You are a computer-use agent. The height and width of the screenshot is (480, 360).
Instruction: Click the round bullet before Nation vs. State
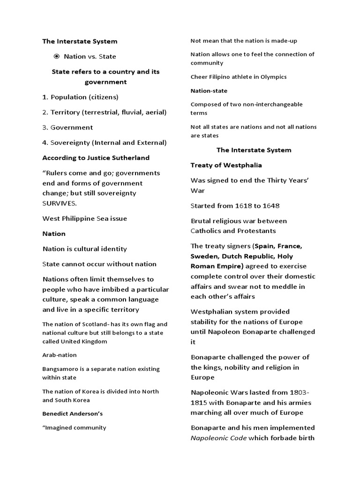(56, 56)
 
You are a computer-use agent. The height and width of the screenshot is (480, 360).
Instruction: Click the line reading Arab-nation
(60, 355)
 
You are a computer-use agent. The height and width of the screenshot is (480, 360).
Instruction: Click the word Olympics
(273, 77)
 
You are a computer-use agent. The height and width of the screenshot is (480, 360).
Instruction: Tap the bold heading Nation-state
(209, 90)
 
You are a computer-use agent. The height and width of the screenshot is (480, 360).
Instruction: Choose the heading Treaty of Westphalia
(226, 165)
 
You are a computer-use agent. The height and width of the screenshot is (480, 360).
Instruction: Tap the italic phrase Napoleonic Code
(218, 438)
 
